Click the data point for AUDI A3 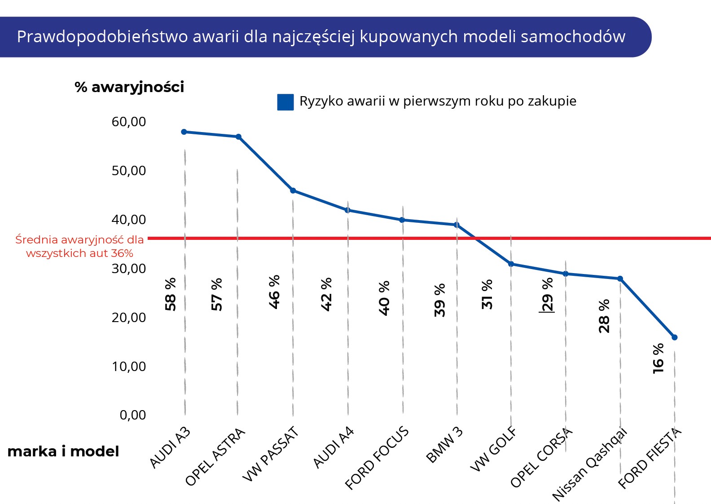[x=184, y=132]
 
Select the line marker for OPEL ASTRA [x=238, y=137]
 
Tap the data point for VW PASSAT [x=293, y=190]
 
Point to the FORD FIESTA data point [x=674, y=337]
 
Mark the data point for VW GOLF [x=511, y=264]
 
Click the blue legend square [x=285, y=102]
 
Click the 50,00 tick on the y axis [x=129, y=171]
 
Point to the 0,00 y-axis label [x=133, y=415]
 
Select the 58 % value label [x=171, y=294]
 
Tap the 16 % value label [x=658, y=358]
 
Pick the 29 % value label [x=548, y=295]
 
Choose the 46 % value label [x=274, y=292]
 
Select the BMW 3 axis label [x=444, y=445]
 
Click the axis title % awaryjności [x=129, y=87]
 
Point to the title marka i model [x=63, y=451]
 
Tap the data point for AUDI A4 [x=347, y=210]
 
